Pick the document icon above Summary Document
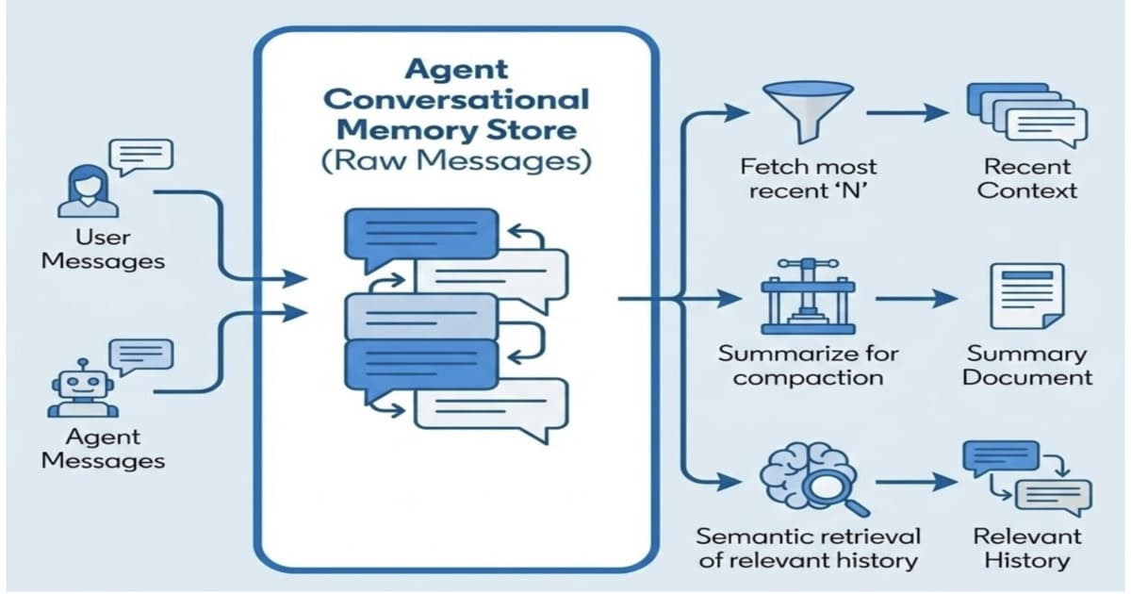tap(1025, 297)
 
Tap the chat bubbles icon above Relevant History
tap(1025, 481)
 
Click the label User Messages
tap(103, 249)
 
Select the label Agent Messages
tap(103, 449)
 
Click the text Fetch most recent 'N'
tap(808, 178)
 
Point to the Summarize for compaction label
tap(808, 366)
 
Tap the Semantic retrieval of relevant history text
tap(808, 548)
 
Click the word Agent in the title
tap(456, 69)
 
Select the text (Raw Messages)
tap(456, 161)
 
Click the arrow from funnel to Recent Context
tap(907, 113)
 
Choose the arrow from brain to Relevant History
tap(907, 483)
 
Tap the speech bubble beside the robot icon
tap(141, 355)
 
